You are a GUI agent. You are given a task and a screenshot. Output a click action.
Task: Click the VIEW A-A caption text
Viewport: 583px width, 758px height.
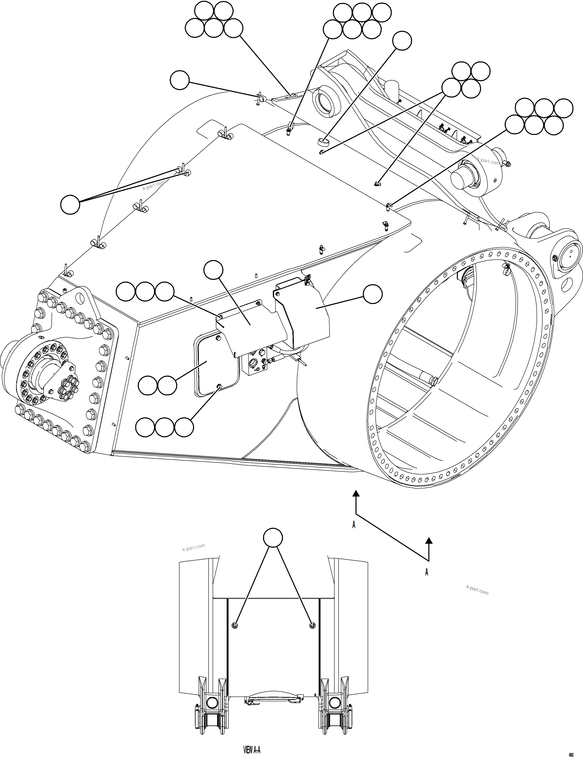[252, 750]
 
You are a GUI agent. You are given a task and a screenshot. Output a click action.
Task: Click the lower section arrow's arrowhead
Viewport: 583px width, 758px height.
[429, 540]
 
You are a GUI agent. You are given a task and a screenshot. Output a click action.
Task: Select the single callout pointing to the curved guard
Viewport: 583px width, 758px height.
[373, 294]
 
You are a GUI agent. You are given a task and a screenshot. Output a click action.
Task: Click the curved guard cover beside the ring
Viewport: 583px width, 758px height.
[305, 312]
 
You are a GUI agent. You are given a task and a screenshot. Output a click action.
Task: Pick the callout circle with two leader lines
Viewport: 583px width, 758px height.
[70, 205]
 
